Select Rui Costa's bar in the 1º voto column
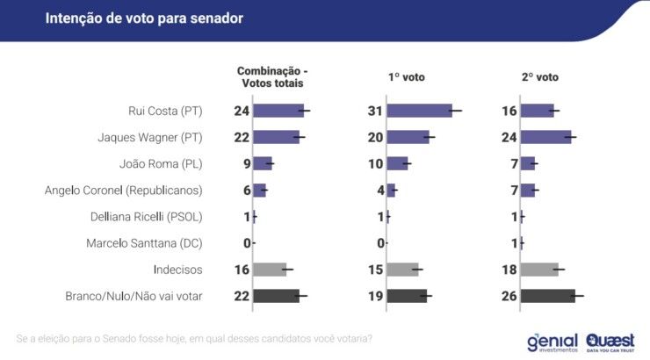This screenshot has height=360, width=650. (x=419, y=111)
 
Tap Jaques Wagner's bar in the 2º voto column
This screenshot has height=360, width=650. (x=545, y=137)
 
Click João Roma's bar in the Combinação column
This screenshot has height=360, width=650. (x=262, y=163)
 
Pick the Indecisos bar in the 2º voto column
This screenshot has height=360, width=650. (x=539, y=269)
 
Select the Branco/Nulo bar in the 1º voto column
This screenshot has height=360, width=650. (x=407, y=296)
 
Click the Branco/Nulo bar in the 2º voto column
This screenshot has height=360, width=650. (x=547, y=296)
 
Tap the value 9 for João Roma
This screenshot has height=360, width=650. (x=246, y=163)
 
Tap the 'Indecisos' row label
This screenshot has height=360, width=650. (x=177, y=270)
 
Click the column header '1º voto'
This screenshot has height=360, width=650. (x=406, y=77)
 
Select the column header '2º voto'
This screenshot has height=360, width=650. (x=539, y=77)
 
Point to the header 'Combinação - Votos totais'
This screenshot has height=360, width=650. (x=271, y=76)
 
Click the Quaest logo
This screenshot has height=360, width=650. (x=610, y=340)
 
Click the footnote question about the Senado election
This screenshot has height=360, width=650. (x=194, y=338)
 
